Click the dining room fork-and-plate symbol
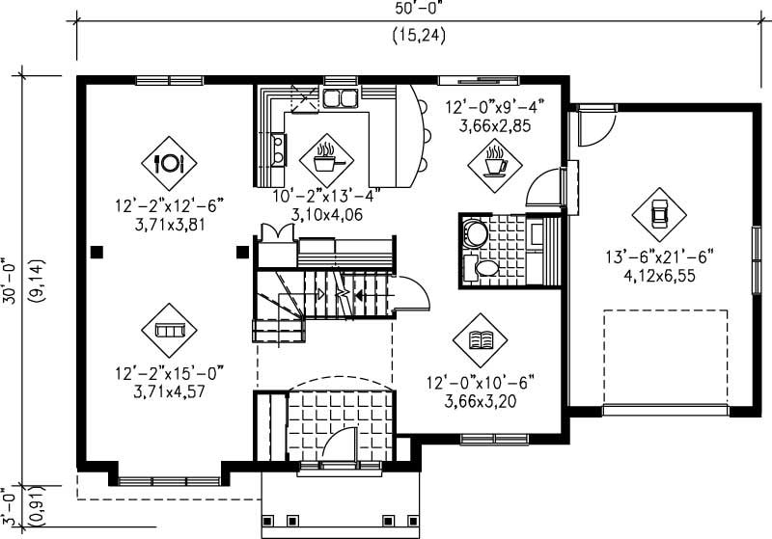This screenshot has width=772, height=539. (x=170, y=163)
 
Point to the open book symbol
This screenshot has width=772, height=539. (x=480, y=339)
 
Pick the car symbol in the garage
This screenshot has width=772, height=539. (x=660, y=213)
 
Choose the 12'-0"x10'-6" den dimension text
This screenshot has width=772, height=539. (x=481, y=383)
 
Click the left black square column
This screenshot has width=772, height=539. (x=96, y=253)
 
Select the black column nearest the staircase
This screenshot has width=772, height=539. (x=241, y=253)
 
